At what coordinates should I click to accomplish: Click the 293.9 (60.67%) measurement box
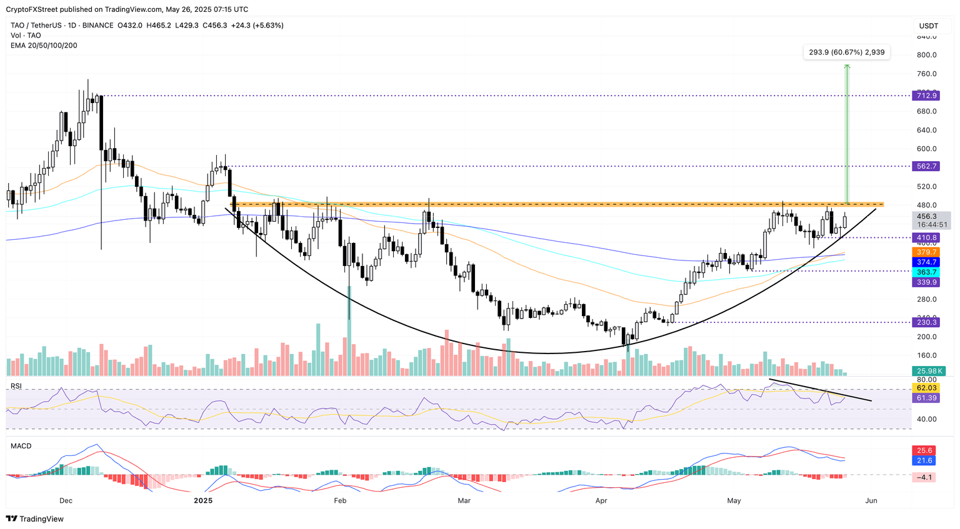(x=846, y=52)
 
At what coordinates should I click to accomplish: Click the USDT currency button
(x=928, y=26)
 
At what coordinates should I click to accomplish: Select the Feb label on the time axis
(x=340, y=501)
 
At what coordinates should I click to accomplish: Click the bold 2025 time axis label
(x=203, y=501)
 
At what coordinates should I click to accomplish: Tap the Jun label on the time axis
(x=871, y=501)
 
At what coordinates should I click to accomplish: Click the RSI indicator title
(x=16, y=387)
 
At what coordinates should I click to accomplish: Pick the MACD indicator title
(x=21, y=446)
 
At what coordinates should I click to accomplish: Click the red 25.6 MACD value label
(x=925, y=450)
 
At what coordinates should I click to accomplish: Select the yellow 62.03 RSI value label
(x=925, y=388)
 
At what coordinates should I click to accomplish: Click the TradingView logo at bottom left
(x=35, y=519)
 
